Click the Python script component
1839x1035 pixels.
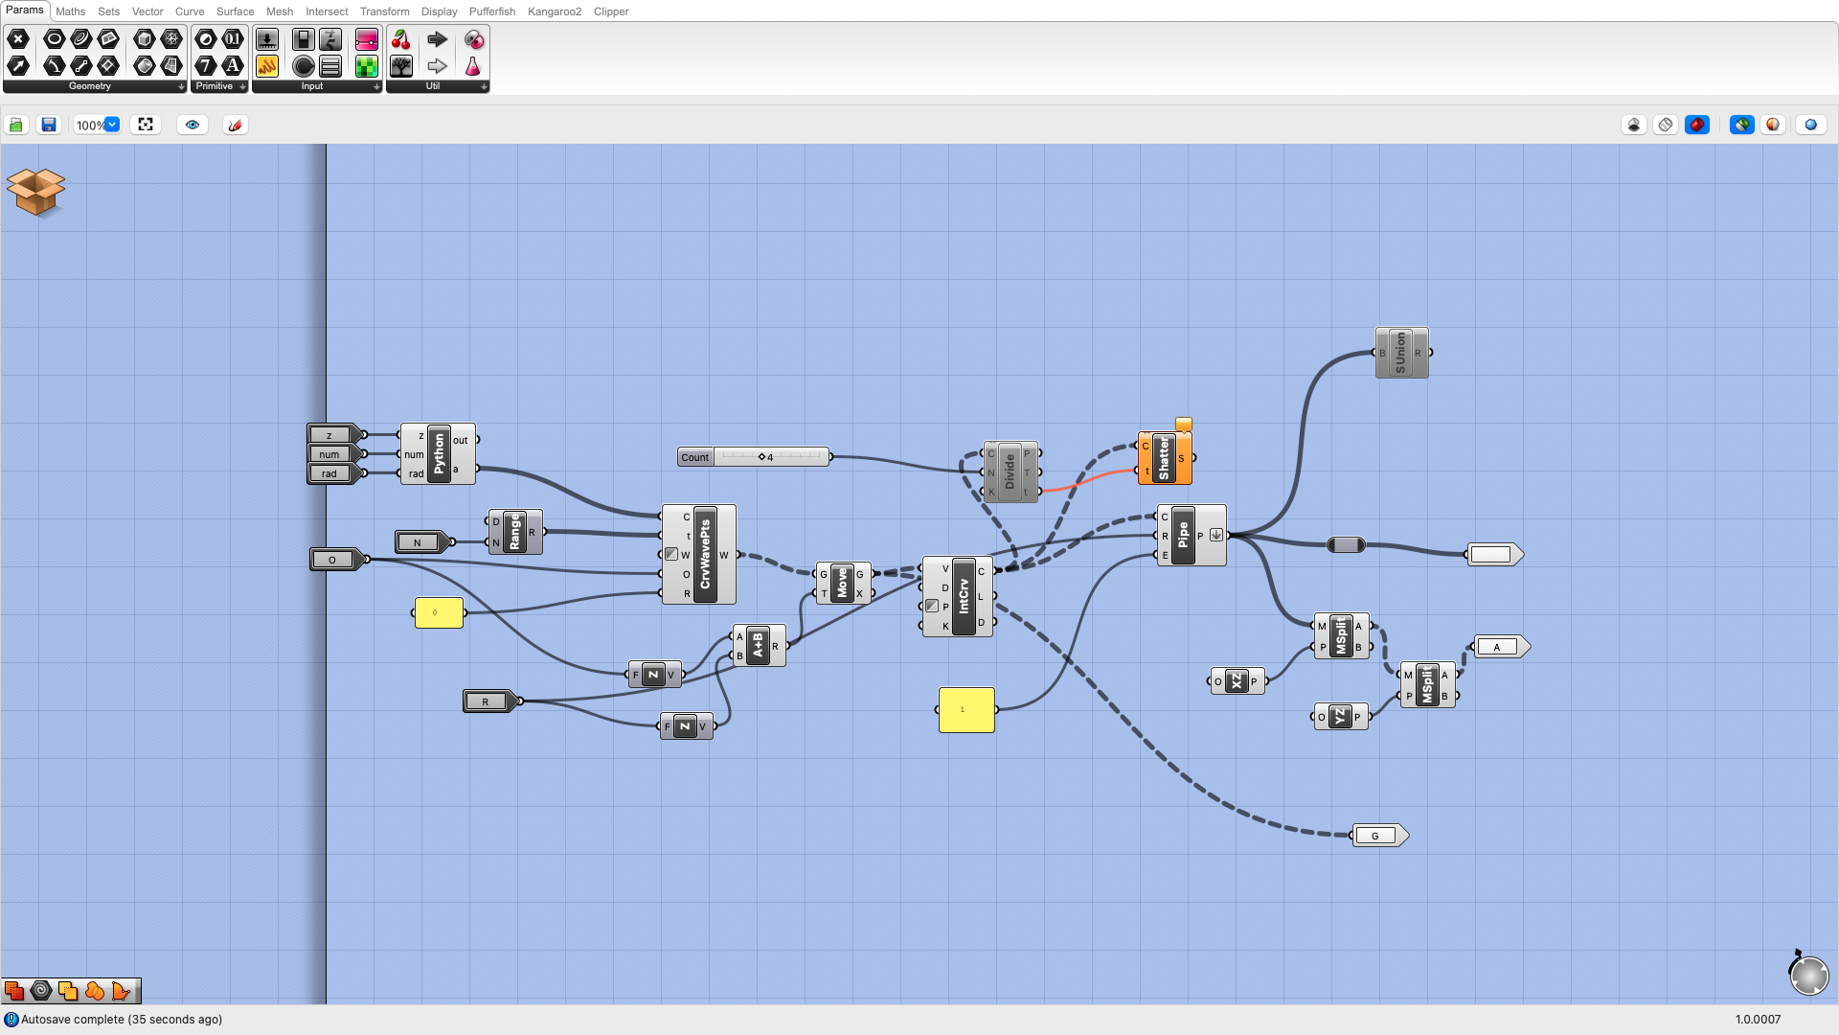click(439, 453)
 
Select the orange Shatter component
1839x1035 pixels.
click(1164, 458)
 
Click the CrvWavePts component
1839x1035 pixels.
click(705, 554)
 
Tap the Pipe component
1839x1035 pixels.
click(1183, 535)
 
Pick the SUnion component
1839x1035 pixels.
click(1400, 353)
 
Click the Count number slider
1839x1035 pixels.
click(770, 457)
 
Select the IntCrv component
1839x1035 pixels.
click(964, 596)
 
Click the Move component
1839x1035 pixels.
click(842, 583)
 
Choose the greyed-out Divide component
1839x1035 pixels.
click(1010, 471)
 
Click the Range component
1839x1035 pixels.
click(514, 532)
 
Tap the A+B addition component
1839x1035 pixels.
click(758, 645)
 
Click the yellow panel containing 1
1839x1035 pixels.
click(966, 710)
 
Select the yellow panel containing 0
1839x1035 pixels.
click(439, 612)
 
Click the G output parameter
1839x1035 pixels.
click(1376, 836)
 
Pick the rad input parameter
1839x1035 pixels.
click(330, 473)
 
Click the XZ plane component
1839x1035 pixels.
click(1237, 681)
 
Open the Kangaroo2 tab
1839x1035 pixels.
click(554, 11)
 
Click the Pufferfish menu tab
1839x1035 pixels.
click(491, 11)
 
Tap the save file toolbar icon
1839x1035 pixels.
click(49, 125)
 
